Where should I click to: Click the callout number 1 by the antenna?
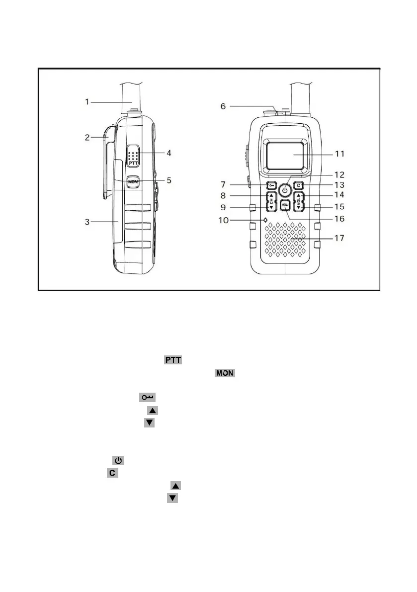(x=87, y=102)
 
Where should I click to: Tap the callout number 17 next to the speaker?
(x=338, y=239)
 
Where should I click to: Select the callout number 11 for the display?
(x=338, y=154)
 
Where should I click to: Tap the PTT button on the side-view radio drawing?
(x=132, y=156)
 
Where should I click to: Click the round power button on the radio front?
(x=285, y=190)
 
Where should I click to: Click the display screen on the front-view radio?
(x=285, y=154)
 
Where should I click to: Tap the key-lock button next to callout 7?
(x=271, y=186)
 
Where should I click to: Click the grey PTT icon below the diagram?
(x=173, y=360)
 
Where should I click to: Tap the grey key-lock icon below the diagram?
(x=148, y=398)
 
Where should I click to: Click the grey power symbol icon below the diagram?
(x=118, y=460)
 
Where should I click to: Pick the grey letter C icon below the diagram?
(x=113, y=473)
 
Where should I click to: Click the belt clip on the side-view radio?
(x=110, y=164)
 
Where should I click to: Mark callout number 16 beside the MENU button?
(x=338, y=218)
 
